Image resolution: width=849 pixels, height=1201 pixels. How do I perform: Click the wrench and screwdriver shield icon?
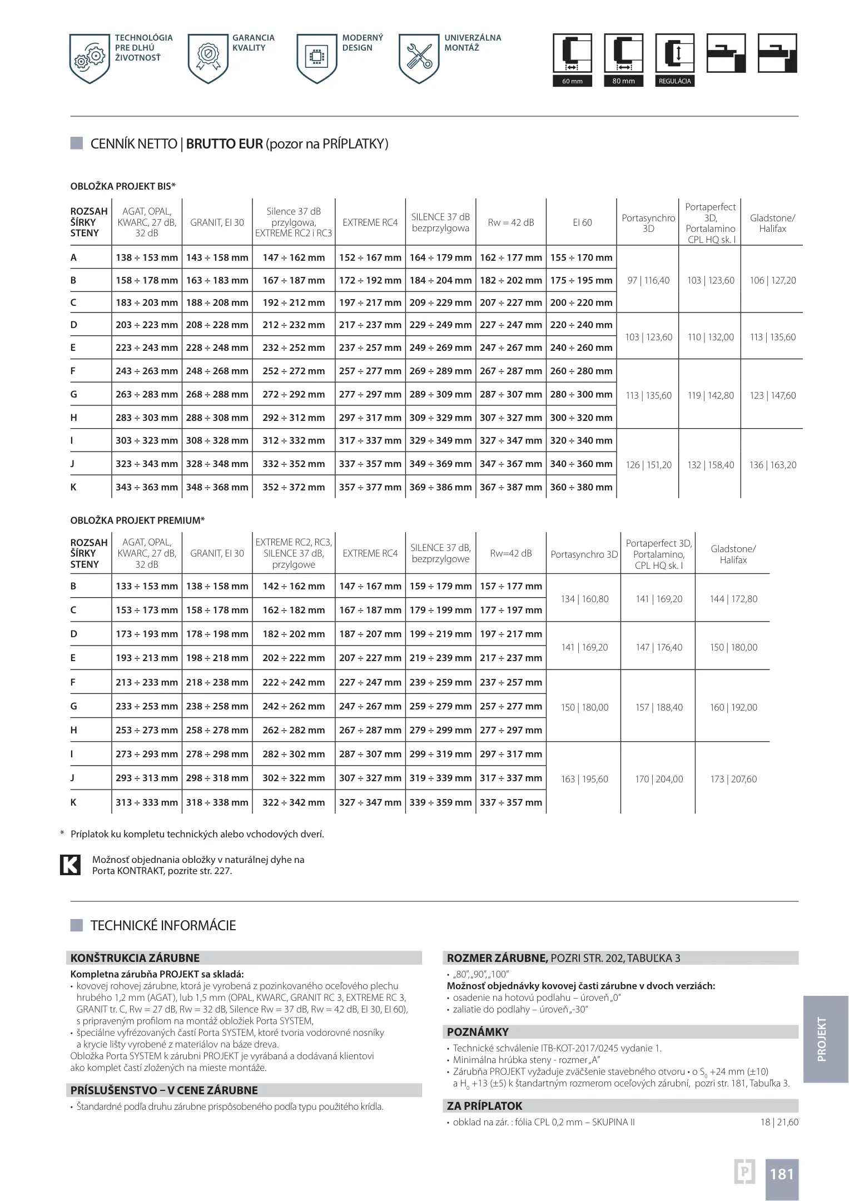tap(419, 58)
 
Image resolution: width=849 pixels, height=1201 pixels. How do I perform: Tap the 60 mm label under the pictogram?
tap(572, 81)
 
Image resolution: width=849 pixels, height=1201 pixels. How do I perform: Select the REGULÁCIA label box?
tap(674, 81)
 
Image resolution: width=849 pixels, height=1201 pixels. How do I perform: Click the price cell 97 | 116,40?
tap(648, 280)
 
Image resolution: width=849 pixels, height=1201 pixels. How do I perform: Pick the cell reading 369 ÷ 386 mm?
tap(440, 487)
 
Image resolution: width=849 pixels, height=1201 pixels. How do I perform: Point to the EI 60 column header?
tap(582, 222)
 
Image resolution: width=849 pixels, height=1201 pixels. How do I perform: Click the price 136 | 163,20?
tap(772, 465)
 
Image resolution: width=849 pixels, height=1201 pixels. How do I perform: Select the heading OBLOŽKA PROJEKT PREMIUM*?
tap(137, 520)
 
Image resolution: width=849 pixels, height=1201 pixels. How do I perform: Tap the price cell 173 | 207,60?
tap(733, 779)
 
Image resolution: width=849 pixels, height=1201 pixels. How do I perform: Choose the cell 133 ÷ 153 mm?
tap(147, 586)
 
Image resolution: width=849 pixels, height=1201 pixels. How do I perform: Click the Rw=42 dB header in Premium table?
tap(511, 553)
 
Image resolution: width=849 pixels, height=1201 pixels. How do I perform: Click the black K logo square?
tap(70, 865)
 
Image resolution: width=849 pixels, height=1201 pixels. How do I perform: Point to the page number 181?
tap(781, 1174)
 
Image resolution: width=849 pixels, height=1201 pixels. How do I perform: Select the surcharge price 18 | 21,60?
tap(779, 1122)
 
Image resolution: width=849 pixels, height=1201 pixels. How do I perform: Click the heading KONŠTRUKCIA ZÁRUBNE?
tap(135, 958)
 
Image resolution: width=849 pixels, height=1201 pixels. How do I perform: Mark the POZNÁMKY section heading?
tap(478, 1032)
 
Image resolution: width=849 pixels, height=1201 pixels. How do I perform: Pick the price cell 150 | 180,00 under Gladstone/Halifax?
tap(733, 647)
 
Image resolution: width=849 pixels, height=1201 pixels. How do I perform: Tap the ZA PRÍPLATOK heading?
tap(485, 1106)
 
